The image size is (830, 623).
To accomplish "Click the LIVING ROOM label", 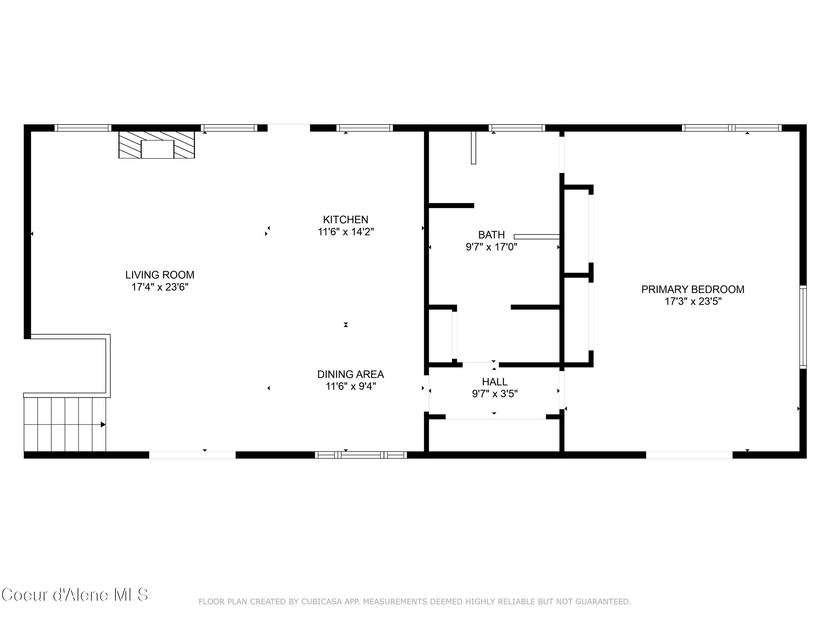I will pyautogui.click(x=159, y=275).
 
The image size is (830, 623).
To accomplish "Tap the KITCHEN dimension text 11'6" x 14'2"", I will pyautogui.click(x=346, y=232).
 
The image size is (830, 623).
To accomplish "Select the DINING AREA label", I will pyautogui.click(x=351, y=374).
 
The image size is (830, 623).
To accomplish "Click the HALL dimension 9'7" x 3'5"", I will pyautogui.click(x=495, y=393).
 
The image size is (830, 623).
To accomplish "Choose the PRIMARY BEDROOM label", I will pyautogui.click(x=693, y=289).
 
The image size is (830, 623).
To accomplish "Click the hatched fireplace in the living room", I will pyautogui.click(x=156, y=145).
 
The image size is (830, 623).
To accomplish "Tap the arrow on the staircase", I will pyautogui.click(x=103, y=424).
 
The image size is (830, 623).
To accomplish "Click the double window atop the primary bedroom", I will pyautogui.click(x=731, y=128).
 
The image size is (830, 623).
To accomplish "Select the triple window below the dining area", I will pyautogui.click(x=361, y=455).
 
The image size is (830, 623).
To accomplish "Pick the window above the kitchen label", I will pyautogui.click(x=364, y=128).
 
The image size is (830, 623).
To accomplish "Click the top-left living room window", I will pyautogui.click(x=83, y=128).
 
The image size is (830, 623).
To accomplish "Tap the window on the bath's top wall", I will pyautogui.click(x=517, y=128).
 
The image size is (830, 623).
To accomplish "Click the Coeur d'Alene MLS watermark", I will pyautogui.click(x=75, y=595).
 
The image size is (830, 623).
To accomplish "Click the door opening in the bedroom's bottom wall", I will pyautogui.click(x=689, y=455).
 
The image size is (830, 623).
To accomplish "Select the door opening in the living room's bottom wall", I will pyautogui.click(x=192, y=455).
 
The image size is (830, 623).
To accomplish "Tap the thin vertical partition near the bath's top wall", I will pyautogui.click(x=473, y=148).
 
